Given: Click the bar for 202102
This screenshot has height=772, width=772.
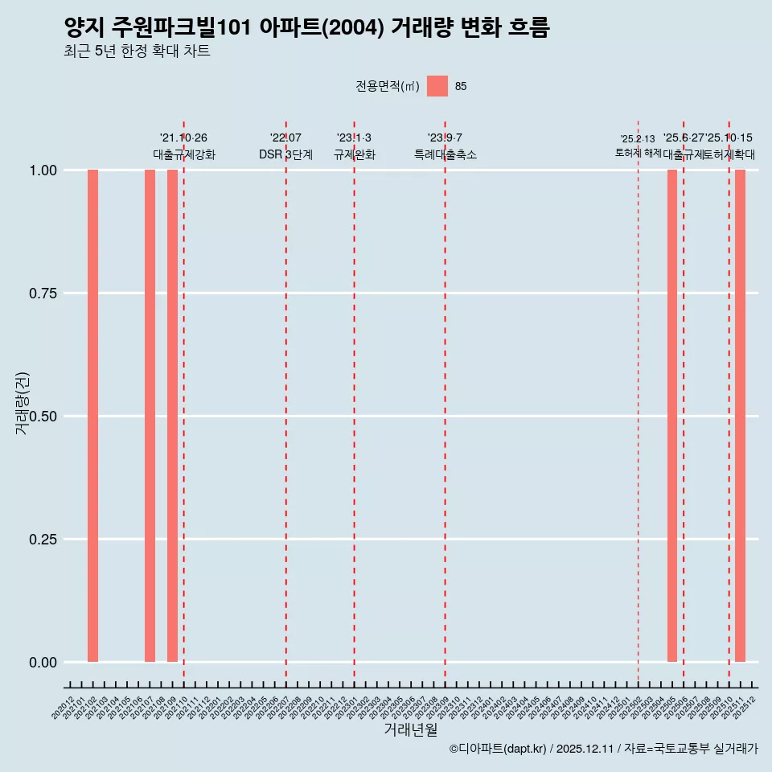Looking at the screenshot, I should coord(92,416).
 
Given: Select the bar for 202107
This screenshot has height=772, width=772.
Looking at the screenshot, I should coord(150,416).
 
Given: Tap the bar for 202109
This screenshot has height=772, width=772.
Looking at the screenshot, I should coord(172,416).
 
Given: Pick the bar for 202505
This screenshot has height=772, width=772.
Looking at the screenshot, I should coord(672,416).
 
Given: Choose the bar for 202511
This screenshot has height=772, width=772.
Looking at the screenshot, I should coord(740,416).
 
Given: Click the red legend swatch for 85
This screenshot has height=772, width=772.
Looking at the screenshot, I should coord(437,86).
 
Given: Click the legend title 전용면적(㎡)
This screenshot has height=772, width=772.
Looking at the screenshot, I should coord(388,86).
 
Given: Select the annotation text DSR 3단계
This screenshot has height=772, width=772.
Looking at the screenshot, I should coord(285,154).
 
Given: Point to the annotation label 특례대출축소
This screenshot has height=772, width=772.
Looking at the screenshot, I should coord(445,154).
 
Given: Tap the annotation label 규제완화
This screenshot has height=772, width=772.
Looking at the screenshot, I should coord(354,154).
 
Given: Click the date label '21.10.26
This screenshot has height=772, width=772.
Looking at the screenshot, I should coord(183,138).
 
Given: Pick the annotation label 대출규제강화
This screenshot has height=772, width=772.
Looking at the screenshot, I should coord(183,154).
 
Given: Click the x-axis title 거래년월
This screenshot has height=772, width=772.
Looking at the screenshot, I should coord(411,730).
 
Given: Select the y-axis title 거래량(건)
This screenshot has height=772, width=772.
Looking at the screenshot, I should coord(23,404).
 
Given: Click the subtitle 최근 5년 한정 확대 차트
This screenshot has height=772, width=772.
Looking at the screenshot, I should coord(137,51).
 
